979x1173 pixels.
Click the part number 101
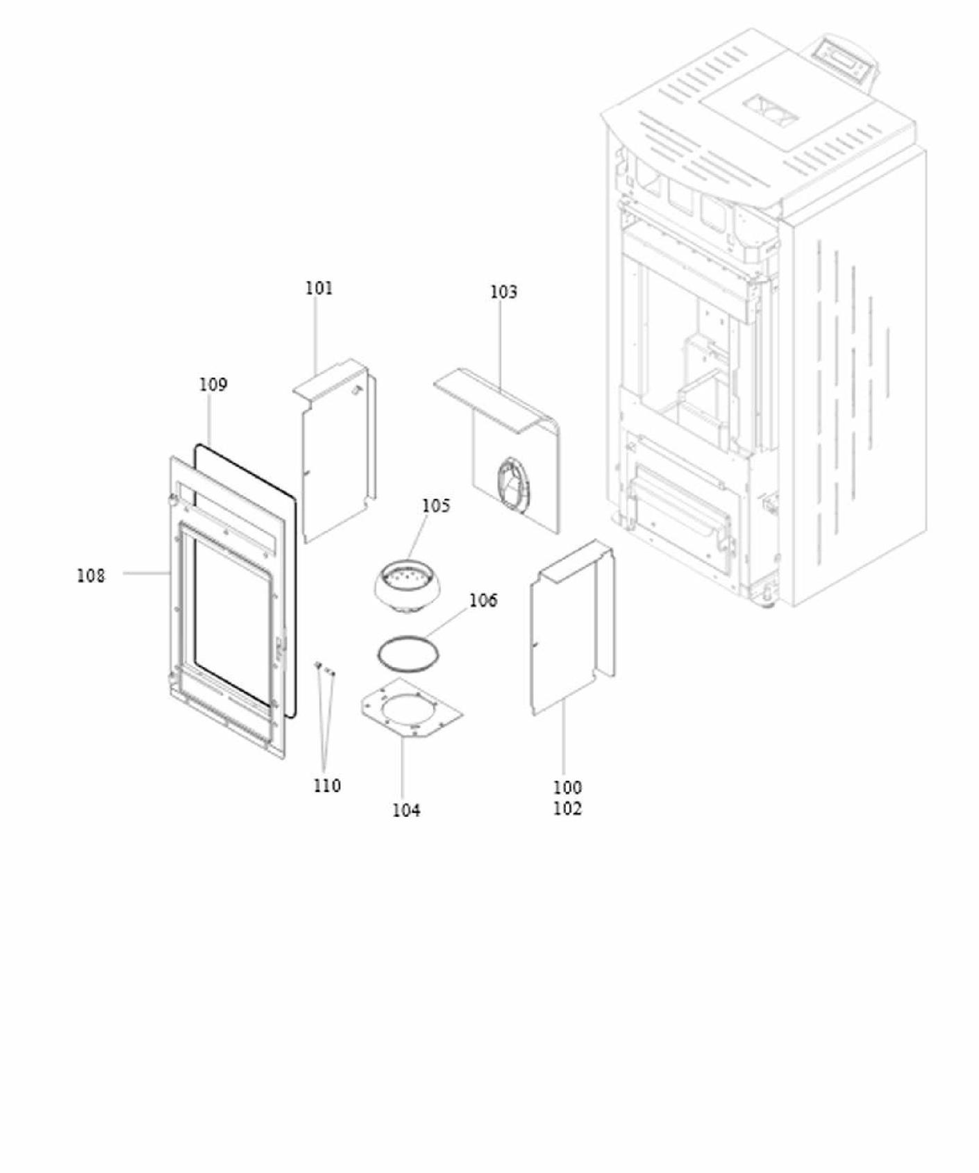(x=319, y=288)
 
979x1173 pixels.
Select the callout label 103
(x=503, y=292)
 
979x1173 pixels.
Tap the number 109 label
(x=213, y=385)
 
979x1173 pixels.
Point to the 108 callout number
(x=91, y=575)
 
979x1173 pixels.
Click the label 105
(x=436, y=505)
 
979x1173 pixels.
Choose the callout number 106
(x=483, y=600)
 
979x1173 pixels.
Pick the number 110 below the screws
(x=327, y=786)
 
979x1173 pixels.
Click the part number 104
(x=406, y=810)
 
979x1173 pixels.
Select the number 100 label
(x=567, y=788)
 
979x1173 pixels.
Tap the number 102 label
(x=567, y=809)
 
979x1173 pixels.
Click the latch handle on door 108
(x=281, y=649)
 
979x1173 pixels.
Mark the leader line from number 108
(x=147, y=574)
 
